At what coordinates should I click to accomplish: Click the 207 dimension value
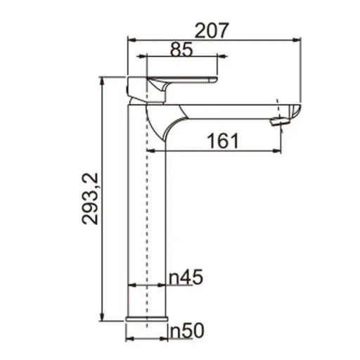(212, 30)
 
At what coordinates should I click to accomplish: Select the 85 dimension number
(181, 50)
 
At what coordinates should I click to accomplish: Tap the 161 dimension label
(223, 141)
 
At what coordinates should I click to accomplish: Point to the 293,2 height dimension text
(90, 199)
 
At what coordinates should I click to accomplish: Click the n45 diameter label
(186, 278)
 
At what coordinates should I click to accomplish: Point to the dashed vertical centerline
(146, 211)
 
